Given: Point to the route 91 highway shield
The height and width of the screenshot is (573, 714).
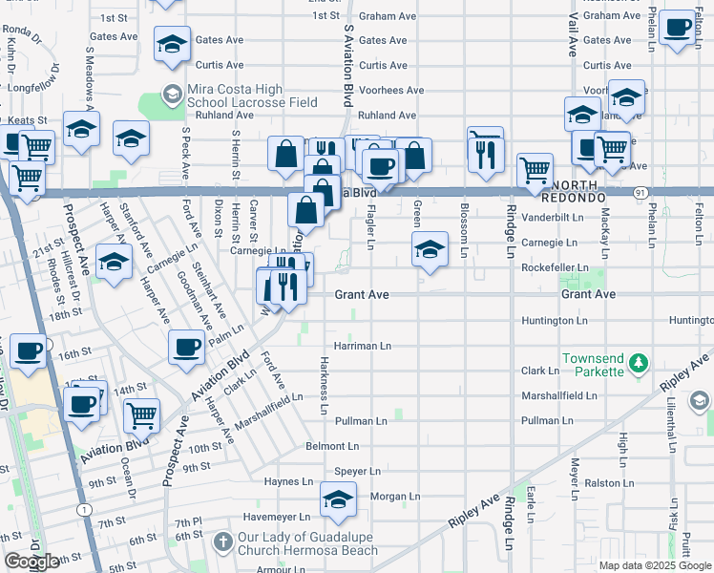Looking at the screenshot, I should click(x=636, y=192).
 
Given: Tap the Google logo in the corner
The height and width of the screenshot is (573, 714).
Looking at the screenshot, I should click(x=31, y=562).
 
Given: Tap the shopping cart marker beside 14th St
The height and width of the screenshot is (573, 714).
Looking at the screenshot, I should click(x=141, y=415).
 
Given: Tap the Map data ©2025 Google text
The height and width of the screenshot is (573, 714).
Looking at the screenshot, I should click(x=654, y=565).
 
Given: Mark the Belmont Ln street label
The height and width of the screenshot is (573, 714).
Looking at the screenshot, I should click(x=332, y=446).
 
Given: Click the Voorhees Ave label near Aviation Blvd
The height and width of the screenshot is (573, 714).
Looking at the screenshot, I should click(x=390, y=91).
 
